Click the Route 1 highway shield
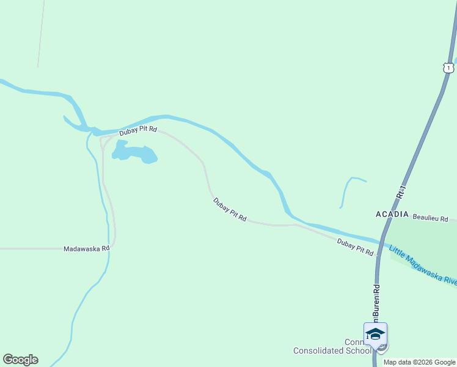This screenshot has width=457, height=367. [x=448, y=67]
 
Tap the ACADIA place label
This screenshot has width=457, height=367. [x=392, y=214]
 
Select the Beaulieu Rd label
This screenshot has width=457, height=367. [x=430, y=218]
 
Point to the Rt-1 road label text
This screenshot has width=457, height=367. [x=401, y=191]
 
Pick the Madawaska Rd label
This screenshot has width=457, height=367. [x=86, y=249]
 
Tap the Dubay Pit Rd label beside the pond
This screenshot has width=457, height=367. [x=138, y=130]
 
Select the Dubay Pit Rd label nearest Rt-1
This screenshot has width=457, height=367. [x=355, y=247]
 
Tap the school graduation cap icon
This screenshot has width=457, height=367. [x=375, y=334]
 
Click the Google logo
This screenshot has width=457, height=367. [x=20, y=360]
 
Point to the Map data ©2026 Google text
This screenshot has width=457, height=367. [x=419, y=362]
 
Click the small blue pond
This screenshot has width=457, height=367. [x=134, y=152]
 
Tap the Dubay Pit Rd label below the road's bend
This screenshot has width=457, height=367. [x=230, y=209]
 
